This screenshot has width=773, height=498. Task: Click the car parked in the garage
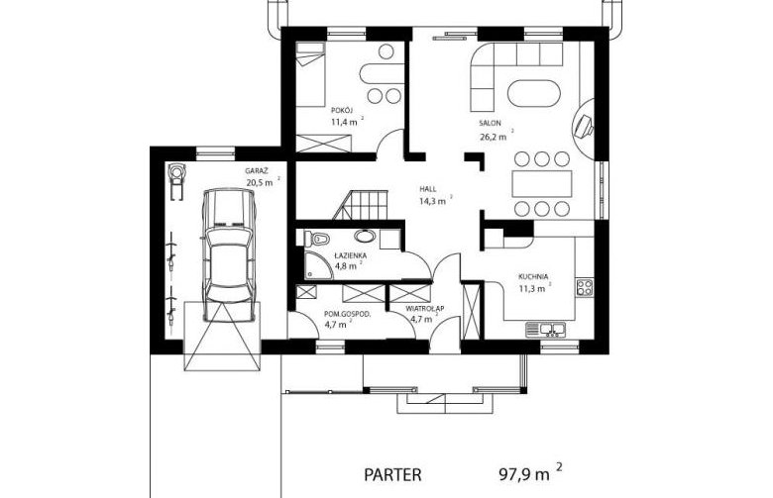[x=230, y=254]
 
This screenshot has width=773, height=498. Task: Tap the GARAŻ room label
[x=257, y=171]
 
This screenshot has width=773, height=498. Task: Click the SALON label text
[x=490, y=123]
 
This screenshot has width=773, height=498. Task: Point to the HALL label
[x=428, y=189]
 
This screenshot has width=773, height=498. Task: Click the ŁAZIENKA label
[x=350, y=255]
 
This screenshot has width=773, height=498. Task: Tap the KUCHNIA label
[x=533, y=277]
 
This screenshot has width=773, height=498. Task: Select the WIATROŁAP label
[x=425, y=309]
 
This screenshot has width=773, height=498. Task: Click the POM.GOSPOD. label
[x=348, y=314]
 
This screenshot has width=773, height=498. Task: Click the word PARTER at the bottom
[x=392, y=475]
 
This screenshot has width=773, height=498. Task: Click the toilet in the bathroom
[x=316, y=239]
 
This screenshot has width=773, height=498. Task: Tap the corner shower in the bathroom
[x=318, y=265]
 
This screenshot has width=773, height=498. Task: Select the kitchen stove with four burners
[x=585, y=287]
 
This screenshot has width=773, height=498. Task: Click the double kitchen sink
[x=546, y=330]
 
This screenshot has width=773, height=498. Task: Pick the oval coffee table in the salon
[x=534, y=93]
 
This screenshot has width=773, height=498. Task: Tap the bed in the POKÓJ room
[x=310, y=74]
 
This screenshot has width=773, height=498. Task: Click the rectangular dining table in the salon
[x=542, y=184]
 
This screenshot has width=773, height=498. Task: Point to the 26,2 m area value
[x=493, y=137]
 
